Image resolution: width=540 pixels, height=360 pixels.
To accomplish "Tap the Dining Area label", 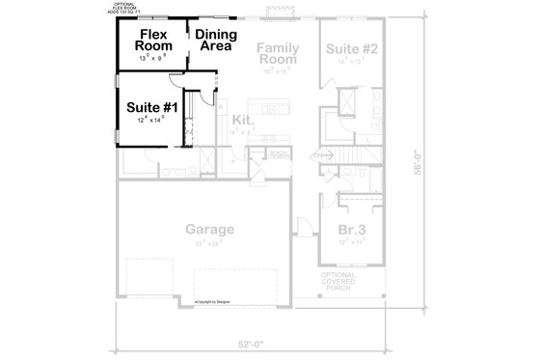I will [x=213, y=41].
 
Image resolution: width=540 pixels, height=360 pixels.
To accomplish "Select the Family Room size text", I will [x=277, y=70].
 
